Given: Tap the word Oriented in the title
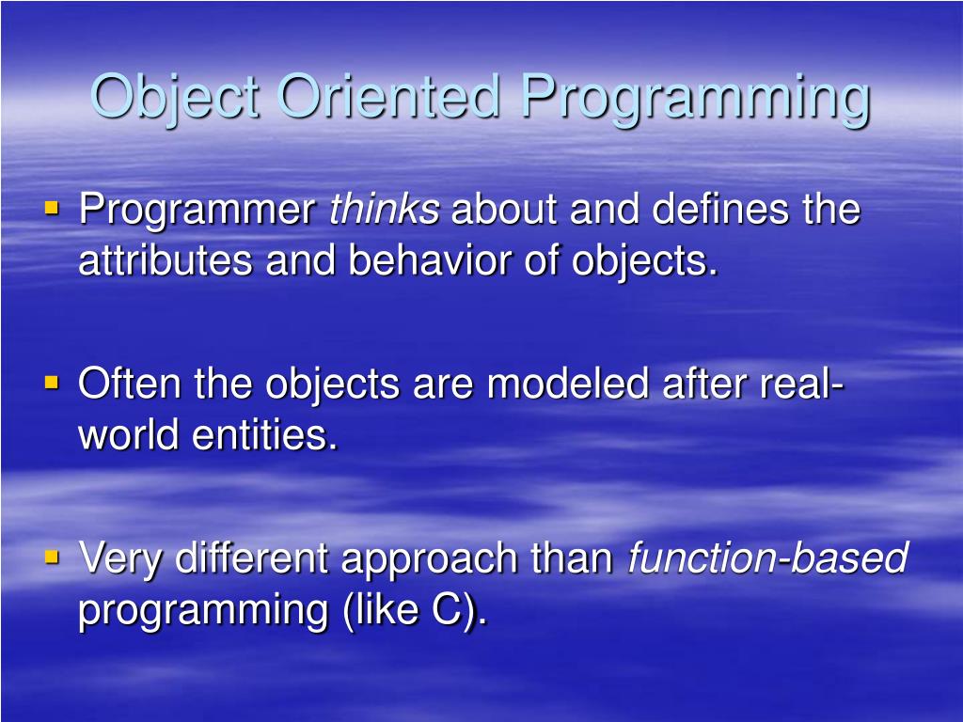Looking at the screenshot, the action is coord(388,96).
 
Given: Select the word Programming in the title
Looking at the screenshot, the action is coord(696,99).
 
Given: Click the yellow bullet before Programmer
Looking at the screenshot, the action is coord(52,208).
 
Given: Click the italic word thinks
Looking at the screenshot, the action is coord(385,208).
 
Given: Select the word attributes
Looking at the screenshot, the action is coord(166,259).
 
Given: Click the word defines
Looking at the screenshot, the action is coord(719,208).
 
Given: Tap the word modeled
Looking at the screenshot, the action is coord(568,384).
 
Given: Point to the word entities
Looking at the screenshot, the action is coord(264,434).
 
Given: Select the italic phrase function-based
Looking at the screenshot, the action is coord(767,557).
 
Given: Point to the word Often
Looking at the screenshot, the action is coord(129,384).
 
